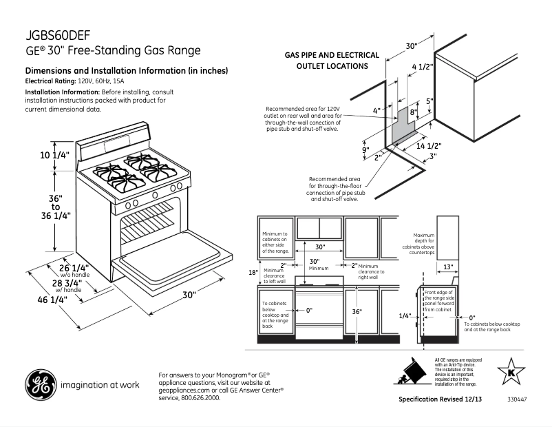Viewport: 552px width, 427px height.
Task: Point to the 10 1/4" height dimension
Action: point(55,156)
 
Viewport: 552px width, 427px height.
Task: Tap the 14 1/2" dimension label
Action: point(428,146)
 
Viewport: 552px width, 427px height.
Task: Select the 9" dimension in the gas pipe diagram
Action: point(365,149)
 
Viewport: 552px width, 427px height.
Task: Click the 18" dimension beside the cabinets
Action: point(253,272)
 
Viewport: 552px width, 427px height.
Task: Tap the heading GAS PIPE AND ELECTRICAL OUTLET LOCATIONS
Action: point(332,60)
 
